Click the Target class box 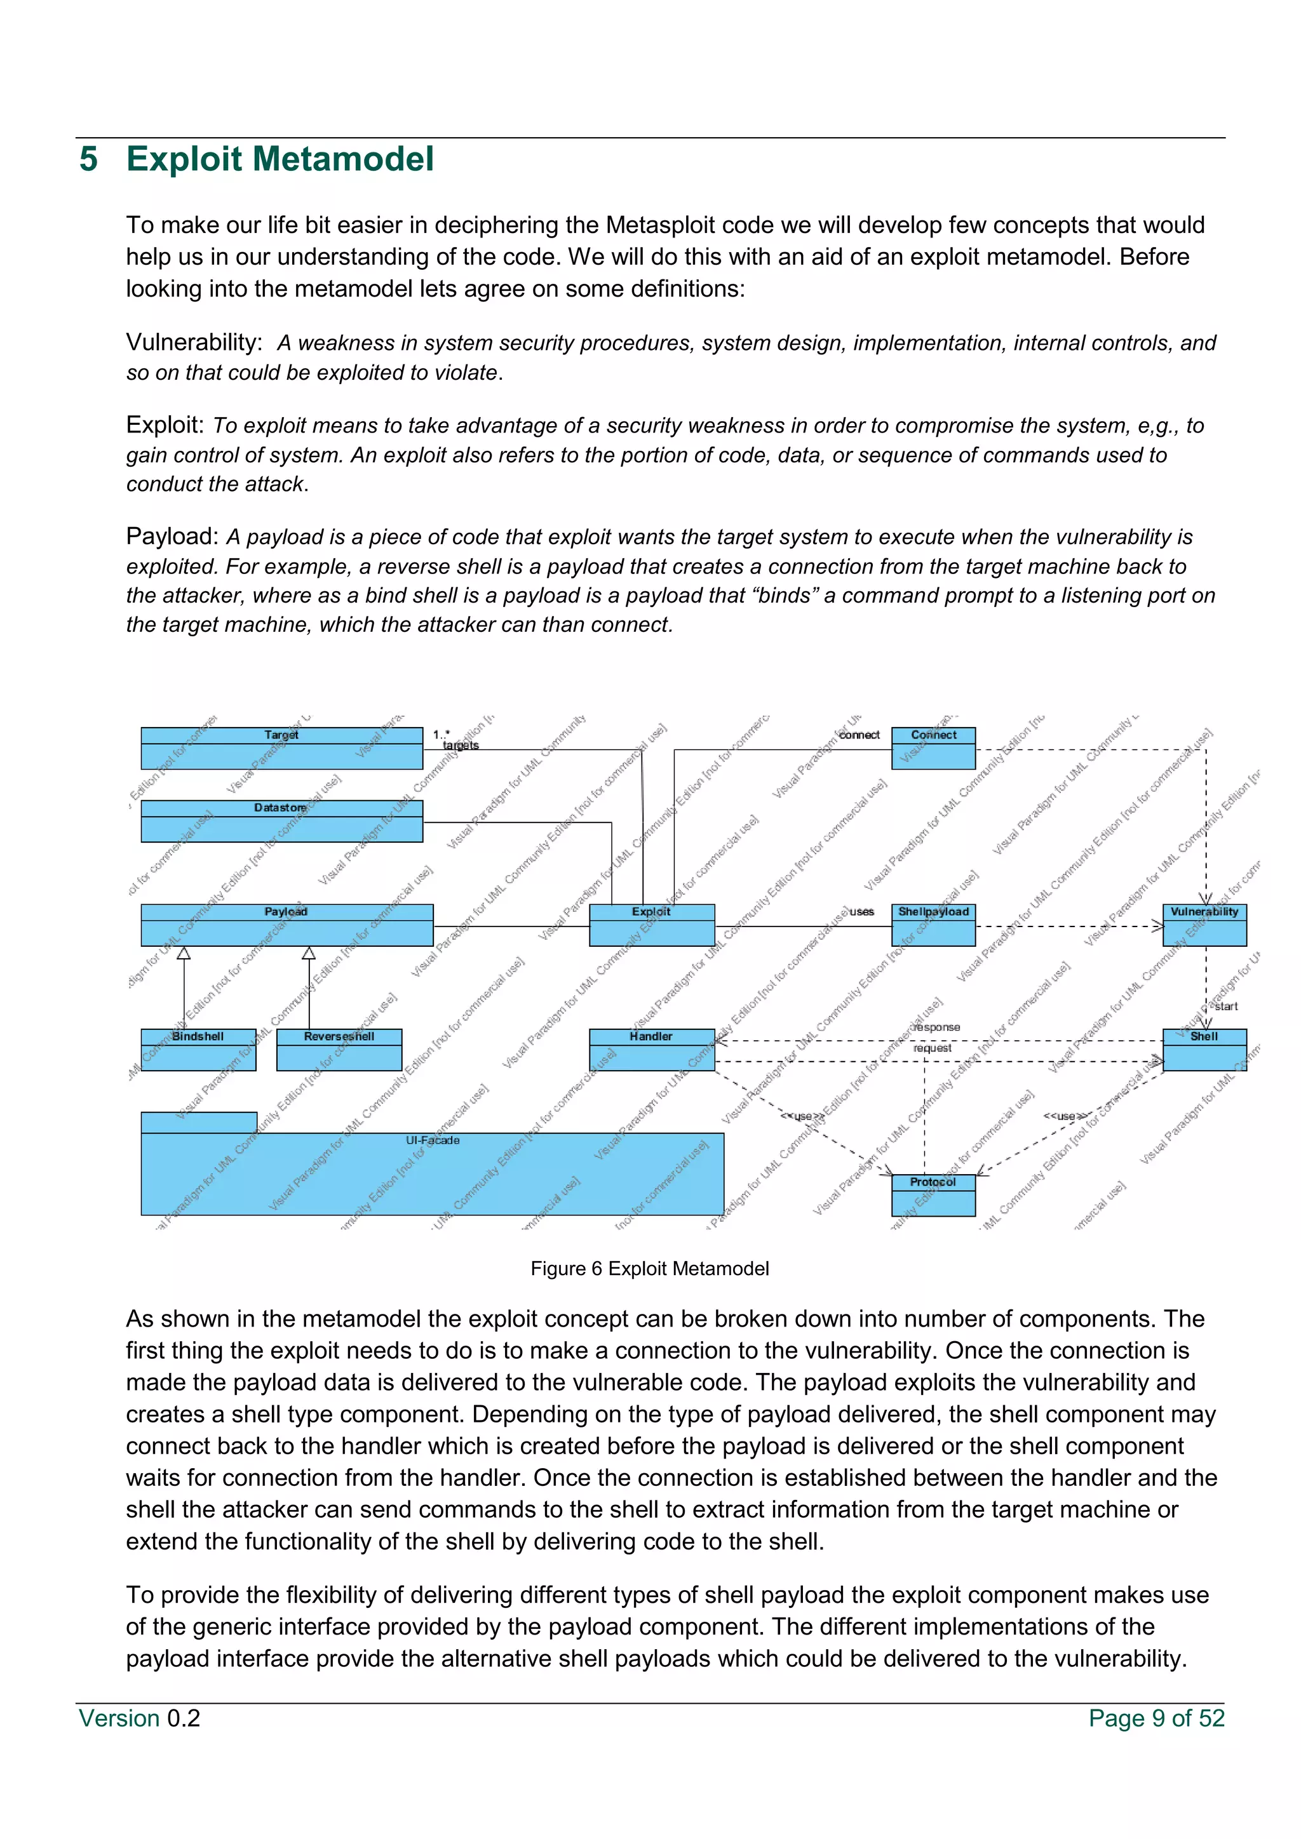[281, 748]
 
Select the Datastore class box [281, 821]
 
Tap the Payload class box [286, 925]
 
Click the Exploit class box [651, 925]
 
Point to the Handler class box [651, 1050]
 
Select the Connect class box [933, 748]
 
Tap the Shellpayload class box [933, 925]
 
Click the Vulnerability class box [1204, 925]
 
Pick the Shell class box [1204, 1050]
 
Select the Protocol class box [933, 1195]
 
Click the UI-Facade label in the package [433, 1140]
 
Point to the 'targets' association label [461, 746]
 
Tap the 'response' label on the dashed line [936, 1027]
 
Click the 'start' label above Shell [1225, 1006]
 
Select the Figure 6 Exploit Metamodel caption [650, 1269]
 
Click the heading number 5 [88, 159]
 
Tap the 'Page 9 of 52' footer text [1156, 1718]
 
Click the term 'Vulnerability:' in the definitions [194, 342]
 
